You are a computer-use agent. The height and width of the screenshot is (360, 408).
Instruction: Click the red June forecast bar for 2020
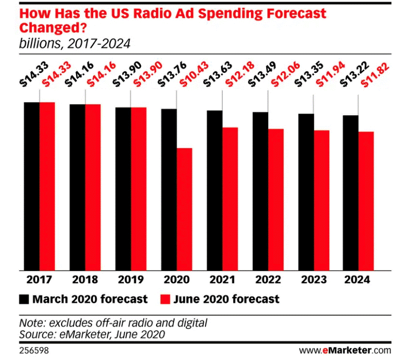click(x=184, y=209)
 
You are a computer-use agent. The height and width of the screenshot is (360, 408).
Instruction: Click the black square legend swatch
click(x=24, y=299)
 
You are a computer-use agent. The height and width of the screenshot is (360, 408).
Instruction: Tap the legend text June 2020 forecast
click(x=227, y=299)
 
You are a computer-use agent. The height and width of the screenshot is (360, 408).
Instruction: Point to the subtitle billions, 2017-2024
click(x=74, y=44)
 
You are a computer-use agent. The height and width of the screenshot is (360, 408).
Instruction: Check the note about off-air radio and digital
click(x=113, y=324)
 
